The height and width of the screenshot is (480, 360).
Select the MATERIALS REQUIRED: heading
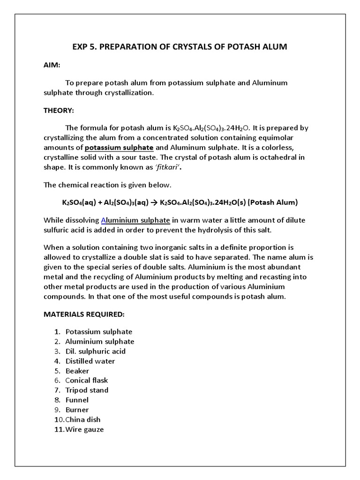click(x=84, y=314)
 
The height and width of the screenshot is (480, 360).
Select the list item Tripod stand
click(x=87, y=390)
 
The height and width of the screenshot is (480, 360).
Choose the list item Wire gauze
click(x=84, y=429)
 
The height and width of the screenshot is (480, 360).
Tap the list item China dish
click(x=83, y=420)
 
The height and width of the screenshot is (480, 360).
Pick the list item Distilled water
click(x=90, y=361)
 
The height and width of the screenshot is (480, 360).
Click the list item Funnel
click(x=77, y=400)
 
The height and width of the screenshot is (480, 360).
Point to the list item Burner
click(x=77, y=410)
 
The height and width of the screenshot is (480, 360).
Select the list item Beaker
click(x=77, y=371)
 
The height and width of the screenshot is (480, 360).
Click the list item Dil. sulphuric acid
click(x=95, y=351)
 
